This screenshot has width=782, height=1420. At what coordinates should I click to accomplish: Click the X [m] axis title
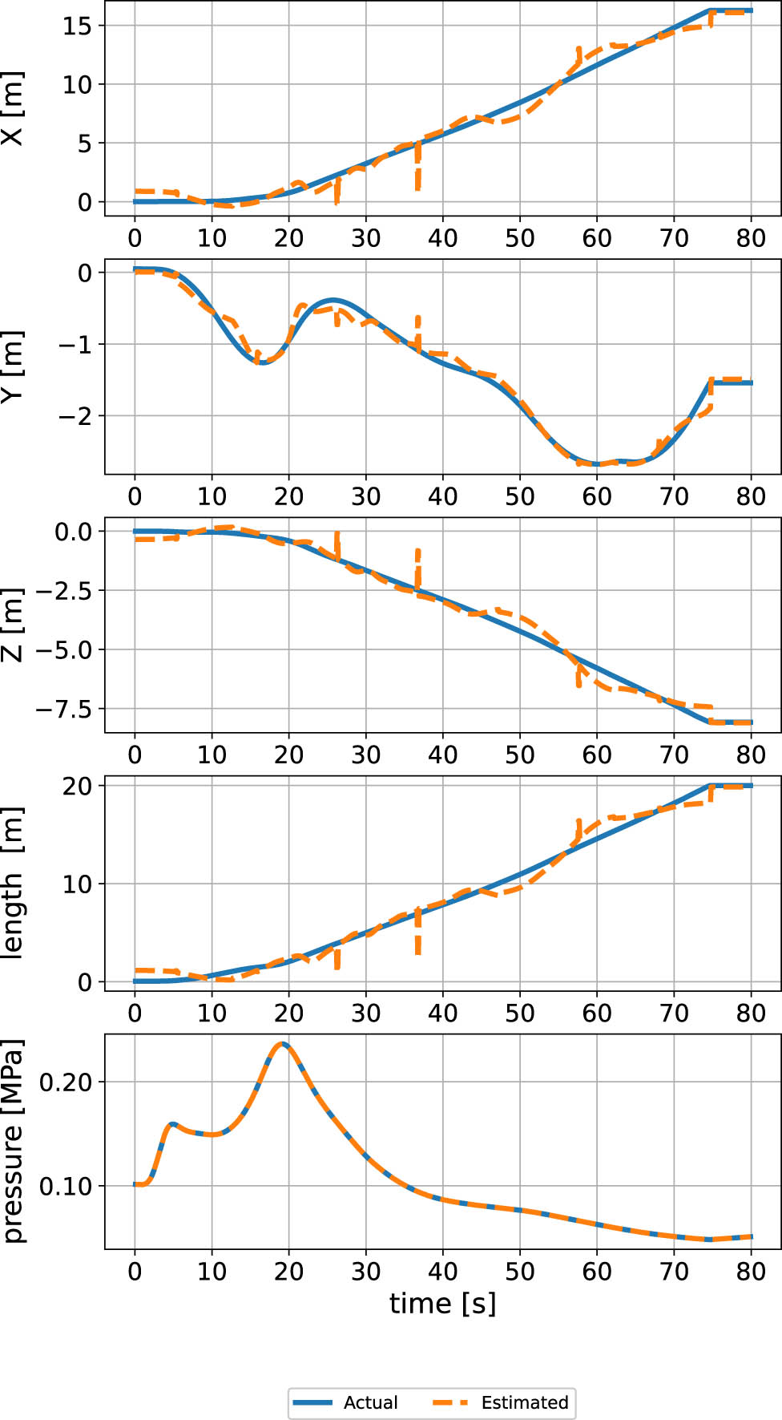click(13, 109)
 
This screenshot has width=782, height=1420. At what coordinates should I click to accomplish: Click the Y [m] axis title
click(13, 366)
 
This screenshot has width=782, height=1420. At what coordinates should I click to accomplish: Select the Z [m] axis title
click(13, 625)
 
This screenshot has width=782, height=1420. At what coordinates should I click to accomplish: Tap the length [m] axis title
click(13, 882)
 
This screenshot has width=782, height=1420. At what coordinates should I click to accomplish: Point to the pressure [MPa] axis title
click(13, 1141)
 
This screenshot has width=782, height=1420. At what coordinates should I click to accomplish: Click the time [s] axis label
click(442, 1303)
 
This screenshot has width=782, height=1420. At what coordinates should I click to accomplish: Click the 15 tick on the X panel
click(78, 26)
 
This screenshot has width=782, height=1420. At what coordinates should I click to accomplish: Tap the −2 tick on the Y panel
click(74, 416)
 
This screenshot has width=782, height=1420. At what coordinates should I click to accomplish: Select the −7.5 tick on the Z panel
click(63, 710)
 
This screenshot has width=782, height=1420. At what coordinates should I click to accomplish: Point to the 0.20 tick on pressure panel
click(66, 1082)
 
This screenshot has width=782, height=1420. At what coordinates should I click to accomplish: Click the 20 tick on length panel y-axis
click(78, 786)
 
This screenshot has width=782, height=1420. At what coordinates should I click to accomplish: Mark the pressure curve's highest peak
click(281, 1044)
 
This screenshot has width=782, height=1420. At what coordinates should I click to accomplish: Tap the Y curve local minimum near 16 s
click(260, 362)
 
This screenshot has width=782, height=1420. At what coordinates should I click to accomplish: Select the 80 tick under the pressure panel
click(751, 1271)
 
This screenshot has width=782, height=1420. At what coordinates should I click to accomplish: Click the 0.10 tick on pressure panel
click(66, 1186)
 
